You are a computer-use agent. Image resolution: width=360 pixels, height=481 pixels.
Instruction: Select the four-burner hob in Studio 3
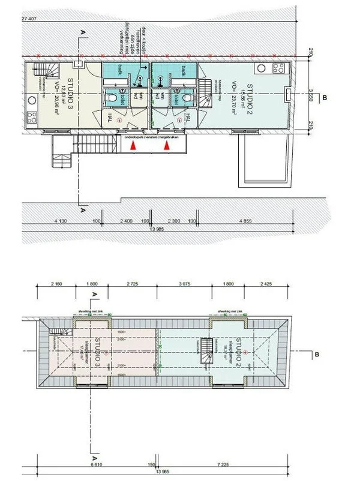click(32, 118)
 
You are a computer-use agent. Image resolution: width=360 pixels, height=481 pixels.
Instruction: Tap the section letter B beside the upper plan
click(324, 97)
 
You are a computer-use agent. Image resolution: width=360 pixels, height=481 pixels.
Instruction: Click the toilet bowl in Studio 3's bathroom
click(112, 98)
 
